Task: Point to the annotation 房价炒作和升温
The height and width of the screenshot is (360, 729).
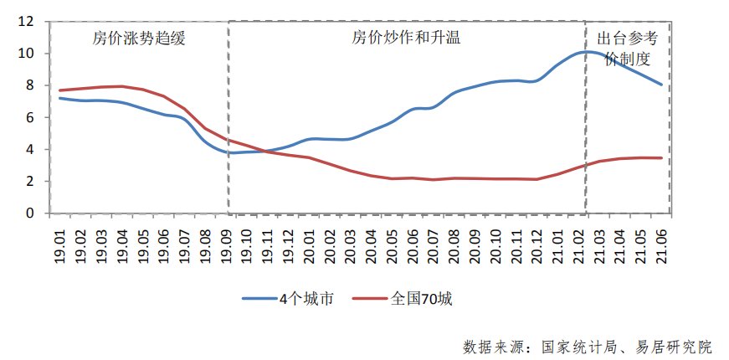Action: [406, 39]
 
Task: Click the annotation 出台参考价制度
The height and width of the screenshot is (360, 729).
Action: [626, 49]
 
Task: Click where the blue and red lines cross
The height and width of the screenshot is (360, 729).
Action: [264, 151]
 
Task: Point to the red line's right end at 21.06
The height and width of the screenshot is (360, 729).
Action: [662, 158]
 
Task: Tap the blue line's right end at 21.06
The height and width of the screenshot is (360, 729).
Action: [662, 85]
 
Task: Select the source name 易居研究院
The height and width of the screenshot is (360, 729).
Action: [670, 346]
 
